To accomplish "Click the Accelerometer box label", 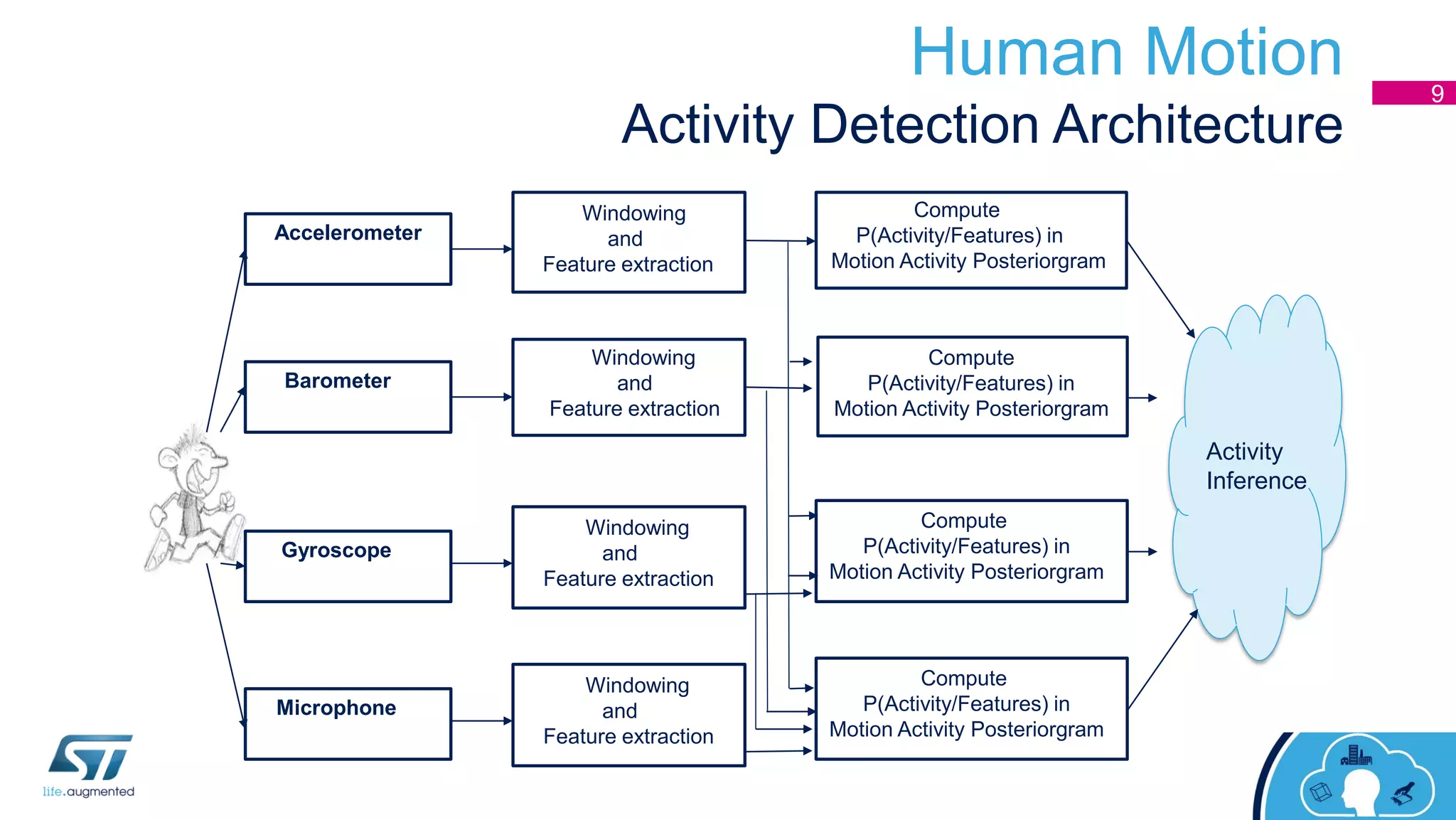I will click(x=348, y=233).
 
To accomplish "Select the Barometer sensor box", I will click(x=348, y=397).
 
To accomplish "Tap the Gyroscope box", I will click(x=348, y=566).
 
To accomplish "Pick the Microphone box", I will click(x=348, y=723).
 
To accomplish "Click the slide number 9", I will click(x=1437, y=94).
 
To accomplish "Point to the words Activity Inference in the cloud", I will click(x=1256, y=467).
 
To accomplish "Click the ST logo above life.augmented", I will click(x=90, y=757).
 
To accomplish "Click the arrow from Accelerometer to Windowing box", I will click(x=481, y=249).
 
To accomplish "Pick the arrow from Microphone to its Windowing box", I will click(x=481, y=720).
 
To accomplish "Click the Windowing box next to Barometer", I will click(x=628, y=387).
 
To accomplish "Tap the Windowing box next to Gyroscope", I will click(x=628, y=557).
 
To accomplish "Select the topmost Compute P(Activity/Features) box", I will click(x=970, y=240).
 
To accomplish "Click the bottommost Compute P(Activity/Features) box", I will click(x=970, y=708).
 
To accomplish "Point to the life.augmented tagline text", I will click(x=88, y=792).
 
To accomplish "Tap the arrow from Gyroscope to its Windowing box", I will click(x=481, y=563).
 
